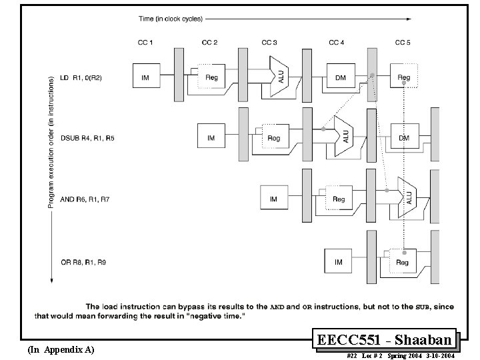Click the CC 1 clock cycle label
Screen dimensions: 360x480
click(x=145, y=43)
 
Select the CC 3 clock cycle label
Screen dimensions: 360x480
click(x=269, y=43)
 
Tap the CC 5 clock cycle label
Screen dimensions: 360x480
click(x=403, y=43)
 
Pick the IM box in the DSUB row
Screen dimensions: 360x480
click(x=211, y=138)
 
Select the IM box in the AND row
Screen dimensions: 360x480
click(x=273, y=199)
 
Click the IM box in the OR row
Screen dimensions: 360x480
click(x=338, y=262)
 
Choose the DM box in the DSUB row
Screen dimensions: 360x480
click(x=403, y=137)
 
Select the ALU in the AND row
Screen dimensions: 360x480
click(x=407, y=197)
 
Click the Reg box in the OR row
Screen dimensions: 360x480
click(x=402, y=262)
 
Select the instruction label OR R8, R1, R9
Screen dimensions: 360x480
click(x=83, y=263)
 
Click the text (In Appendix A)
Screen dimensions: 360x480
click(x=61, y=349)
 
